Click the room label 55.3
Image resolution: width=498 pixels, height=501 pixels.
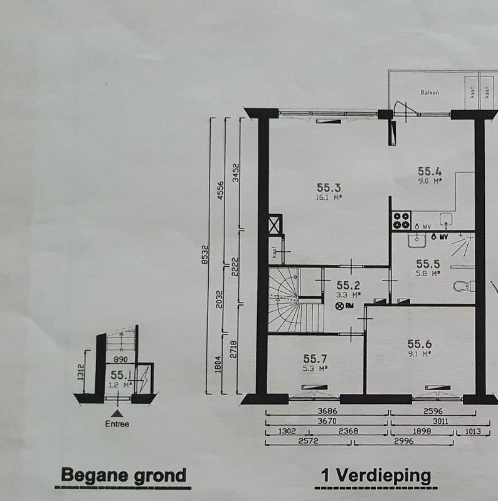(x=329, y=187)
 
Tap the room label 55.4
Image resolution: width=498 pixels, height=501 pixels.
(x=430, y=171)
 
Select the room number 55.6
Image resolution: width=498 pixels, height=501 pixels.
(x=420, y=344)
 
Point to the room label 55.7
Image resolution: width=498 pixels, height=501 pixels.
(x=315, y=358)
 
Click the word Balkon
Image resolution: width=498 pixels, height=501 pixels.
(x=430, y=93)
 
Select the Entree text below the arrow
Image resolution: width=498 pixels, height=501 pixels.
(x=117, y=424)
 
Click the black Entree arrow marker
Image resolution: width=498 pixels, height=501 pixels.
(x=116, y=413)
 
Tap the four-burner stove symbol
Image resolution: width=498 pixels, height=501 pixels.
(x=401, y=220)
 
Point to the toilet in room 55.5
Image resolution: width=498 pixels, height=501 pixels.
(x=462, y=287)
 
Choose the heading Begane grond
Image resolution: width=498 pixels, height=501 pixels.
(x=124, y=475)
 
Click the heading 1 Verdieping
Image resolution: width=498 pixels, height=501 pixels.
(x=376, y=475)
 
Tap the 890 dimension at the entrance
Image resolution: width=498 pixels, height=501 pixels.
(x=121, y=359)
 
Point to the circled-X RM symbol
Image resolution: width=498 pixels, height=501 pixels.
(x=341, y=306)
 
